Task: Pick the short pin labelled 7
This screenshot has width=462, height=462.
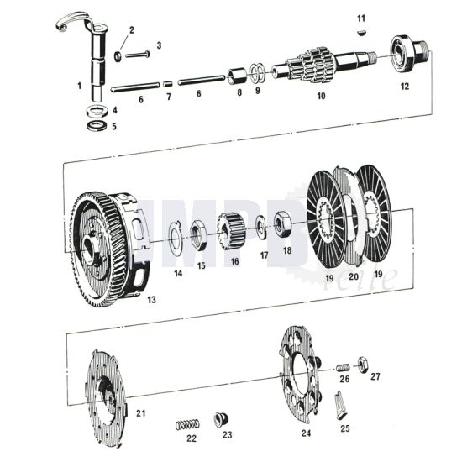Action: pos(167,83)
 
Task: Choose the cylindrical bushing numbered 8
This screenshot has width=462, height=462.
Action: pos(237,76)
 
